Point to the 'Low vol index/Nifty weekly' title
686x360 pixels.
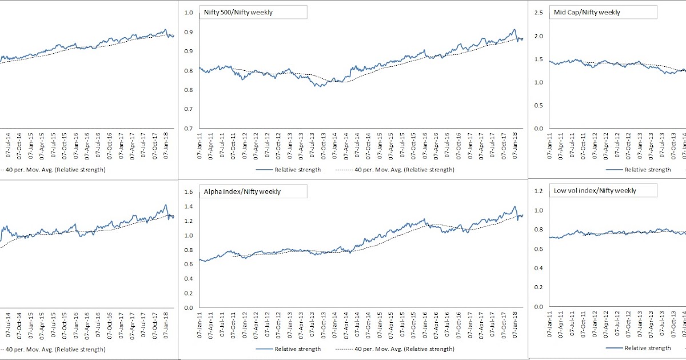pos(595,190)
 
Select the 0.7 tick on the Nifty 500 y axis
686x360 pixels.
pos(188,129)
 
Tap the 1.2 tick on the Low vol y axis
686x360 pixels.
pos(539,191)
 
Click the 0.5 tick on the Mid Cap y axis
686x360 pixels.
pos(539,105)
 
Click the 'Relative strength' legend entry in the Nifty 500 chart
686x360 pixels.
pos(297,170)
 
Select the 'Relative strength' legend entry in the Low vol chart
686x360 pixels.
pos(647,347)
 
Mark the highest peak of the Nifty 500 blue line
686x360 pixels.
pos(514,30)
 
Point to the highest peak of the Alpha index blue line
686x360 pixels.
pos(514,207)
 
